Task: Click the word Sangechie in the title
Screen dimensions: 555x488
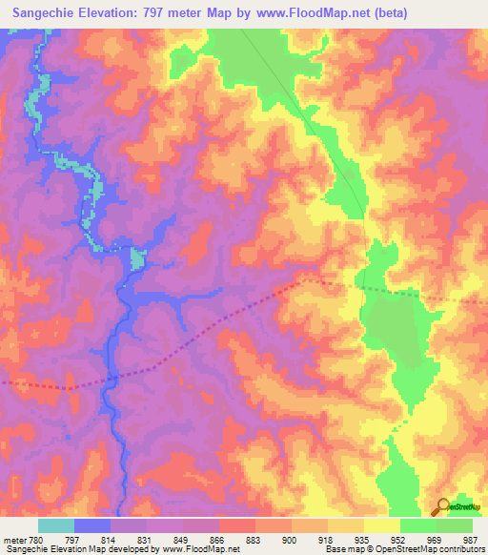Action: coord(44,13)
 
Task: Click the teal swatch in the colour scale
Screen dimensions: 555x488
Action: coord(55,525)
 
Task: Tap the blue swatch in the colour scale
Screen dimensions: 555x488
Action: coord(91,525)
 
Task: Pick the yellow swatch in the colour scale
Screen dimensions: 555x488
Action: coord(381,525)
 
